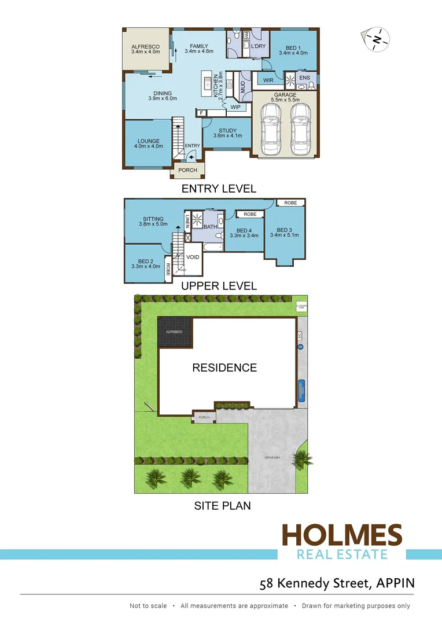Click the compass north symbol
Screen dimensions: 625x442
pos(377,39)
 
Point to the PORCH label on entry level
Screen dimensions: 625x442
pos(187,170)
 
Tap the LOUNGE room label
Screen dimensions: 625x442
pos(148,141)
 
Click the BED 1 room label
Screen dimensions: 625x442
pos(293,48)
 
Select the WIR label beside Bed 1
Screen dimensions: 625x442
pos(268,80)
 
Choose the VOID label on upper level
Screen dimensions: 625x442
pos(193,256)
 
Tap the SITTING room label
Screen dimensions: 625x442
pos(153,219)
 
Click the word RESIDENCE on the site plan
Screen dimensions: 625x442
pos(224,367)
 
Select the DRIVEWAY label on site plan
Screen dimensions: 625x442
pos(272,458)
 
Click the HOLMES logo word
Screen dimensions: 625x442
pos(341,535)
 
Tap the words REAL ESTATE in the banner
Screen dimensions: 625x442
pos(341,554)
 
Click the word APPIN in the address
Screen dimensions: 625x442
pos(396,583)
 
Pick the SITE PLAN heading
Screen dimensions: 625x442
pos(222,506)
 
